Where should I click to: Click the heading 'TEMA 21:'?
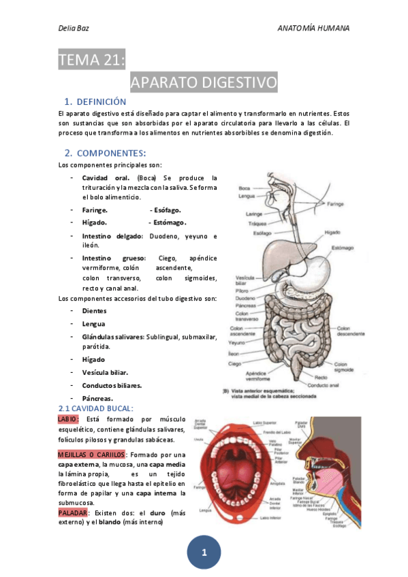[x=92, y=61]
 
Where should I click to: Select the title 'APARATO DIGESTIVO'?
[x=204, y=83]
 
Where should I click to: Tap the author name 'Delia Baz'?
[x=74, y=28]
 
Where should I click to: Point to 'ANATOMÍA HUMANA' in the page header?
[x=314, y=28]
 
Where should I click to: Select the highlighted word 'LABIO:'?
[x=69, y=419]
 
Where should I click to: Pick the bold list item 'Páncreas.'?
[x=97, y=398]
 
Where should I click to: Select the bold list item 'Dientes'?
[x=94, y=311]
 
